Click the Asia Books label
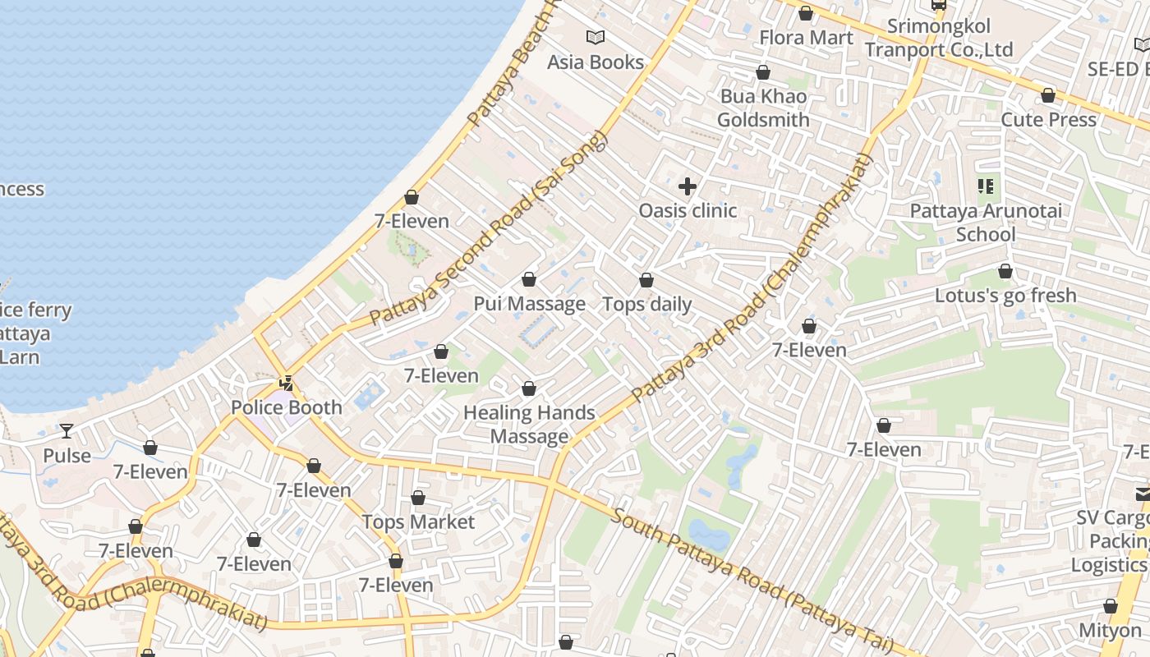click(x=596, y=62)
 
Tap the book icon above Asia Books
click(x=596, y=37)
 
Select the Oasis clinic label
click(x=688, y=211)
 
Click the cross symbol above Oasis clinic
click(x=688, y=186)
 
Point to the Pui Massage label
click(x=529, y=304)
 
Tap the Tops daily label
click(x=647, y=304)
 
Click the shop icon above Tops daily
click(x=646, y=281)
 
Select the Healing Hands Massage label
click(x=529, y=425)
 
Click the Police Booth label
click(x=286, y=407)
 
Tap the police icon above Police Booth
click(x=286, y=383)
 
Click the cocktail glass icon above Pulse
click(x=67, y=431)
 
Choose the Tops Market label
click(x=418, y=522)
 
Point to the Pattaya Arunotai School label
click(x=986, y=223)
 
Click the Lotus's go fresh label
click(x=1005, y=296)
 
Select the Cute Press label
click(x=1048, y=120)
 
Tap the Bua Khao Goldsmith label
click(x=763, y=108)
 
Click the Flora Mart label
click(x=806, y=38)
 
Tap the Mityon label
click(x=1110, y=631)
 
